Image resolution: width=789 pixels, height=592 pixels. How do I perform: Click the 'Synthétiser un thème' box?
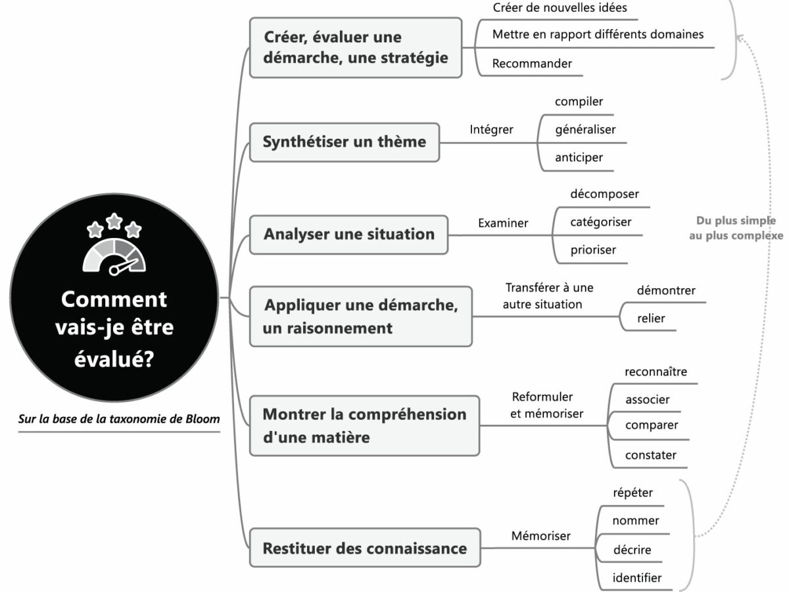(x=344, y=142)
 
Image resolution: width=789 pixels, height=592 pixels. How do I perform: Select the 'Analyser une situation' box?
(x=348, y=234)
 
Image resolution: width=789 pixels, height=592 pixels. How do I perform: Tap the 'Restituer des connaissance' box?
(x=364, y=548)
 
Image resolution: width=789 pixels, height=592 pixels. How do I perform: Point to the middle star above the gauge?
(x=114, y=221)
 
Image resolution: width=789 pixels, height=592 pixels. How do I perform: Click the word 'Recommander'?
(x=532, y=64)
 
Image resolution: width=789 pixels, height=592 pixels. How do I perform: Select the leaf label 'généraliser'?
(x=585, y=130)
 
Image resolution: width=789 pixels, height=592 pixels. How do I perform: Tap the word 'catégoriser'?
(x=600, y=222)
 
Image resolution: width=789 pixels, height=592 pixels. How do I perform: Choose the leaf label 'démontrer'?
(x=666, y=290)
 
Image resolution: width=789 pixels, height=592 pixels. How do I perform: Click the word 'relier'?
(x=651, y=318)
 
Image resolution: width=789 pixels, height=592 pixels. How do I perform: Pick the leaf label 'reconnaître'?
(x=656, y=372)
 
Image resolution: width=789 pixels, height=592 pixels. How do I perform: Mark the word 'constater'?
(x=650, y=455)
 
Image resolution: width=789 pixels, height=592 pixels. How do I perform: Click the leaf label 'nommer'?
(x=635, y=520)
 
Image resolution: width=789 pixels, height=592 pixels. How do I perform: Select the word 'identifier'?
(x=636, y=578)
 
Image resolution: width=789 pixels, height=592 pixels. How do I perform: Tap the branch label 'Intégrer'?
(x=491, y=130)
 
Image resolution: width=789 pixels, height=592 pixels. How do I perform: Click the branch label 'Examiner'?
(x=503, y=223)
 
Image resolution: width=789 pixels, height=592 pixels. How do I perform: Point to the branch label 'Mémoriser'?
(x=540, y=536)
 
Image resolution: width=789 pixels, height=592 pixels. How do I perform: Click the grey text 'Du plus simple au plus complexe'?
(x=736, y=228)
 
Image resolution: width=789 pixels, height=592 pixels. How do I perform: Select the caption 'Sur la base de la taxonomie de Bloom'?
(x=119, y=419)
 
